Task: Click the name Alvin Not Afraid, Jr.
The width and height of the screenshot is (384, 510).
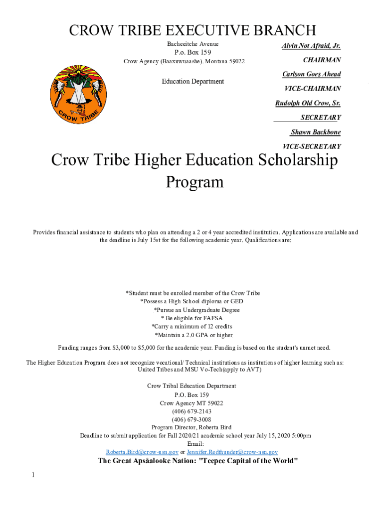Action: tap(311, 46)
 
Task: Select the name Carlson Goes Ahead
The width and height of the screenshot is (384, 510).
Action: tap(311, 74)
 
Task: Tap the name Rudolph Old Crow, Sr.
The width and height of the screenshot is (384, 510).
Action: tap(308, 103)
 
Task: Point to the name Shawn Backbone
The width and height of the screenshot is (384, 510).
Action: tap(316, 132)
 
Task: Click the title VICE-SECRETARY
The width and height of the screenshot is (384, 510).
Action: tap(312, 146)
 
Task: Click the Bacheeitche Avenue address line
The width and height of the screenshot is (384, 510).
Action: tap(192, 44)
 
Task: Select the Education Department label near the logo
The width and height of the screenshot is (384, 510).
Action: tap(193, 81)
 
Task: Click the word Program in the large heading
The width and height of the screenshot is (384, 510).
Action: tap(194, 182)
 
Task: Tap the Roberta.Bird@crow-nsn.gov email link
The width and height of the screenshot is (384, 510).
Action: tap(142, 452)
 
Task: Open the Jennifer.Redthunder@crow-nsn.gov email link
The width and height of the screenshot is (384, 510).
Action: tap(232, 452)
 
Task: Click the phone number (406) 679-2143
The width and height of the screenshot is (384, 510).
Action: tap(192, 411)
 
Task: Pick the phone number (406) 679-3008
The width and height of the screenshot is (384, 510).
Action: tap(192, 419)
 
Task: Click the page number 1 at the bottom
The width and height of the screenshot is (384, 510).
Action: tap(33, 475)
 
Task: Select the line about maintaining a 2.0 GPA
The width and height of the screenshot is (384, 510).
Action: tap(193, 335)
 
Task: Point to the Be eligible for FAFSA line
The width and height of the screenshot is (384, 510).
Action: tap(192, 318)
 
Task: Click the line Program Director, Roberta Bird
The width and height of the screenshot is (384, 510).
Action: tap(192, 427)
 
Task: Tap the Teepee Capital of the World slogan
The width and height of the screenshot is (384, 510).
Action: tap(198, 461)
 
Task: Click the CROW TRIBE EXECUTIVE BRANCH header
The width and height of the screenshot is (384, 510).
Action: tap(192, 30)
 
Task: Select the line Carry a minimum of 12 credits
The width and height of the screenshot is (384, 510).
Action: tap(192, 327)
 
